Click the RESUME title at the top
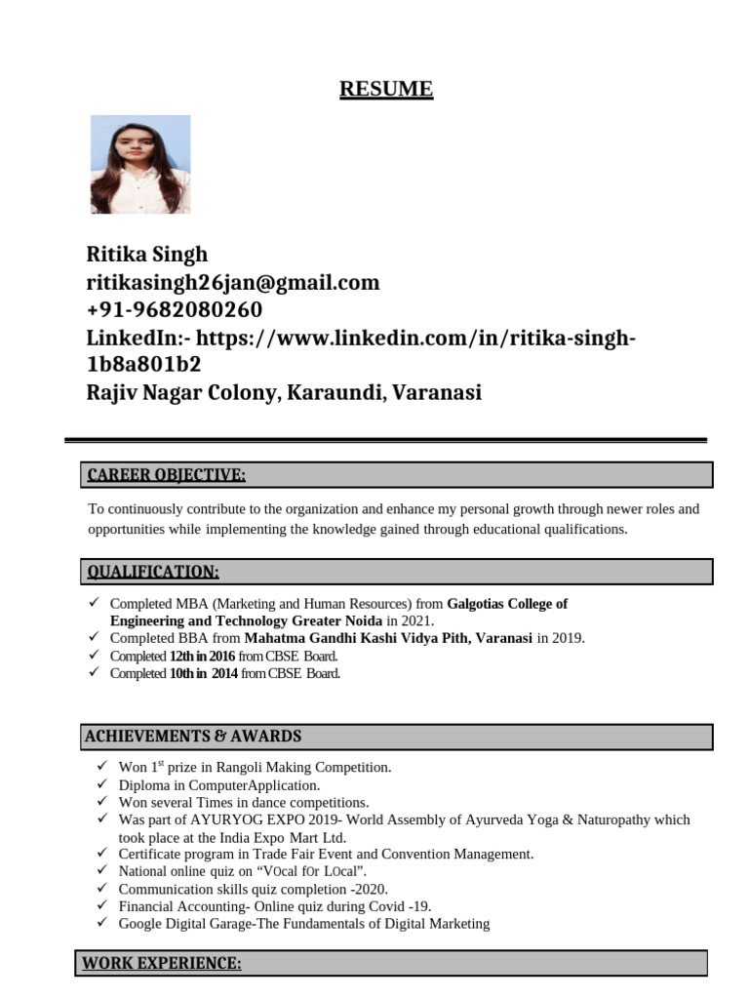click(x=385, y=90)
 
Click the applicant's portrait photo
click(x=140, y=165)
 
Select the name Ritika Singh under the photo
click(x=147, y=255)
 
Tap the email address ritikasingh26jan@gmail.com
click(x=233, y=283)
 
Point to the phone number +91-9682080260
click(x=175, y=310)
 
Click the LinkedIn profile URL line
click(x=361, y=338)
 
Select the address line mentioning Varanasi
click(x=284, y=393)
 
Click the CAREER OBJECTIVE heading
click(x=167, y=475)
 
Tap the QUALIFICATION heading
click(x=153, y=571)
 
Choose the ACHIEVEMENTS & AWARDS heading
click(x=193, y=736)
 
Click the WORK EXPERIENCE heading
click(x=161, y=963)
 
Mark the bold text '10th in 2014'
click(x=203, y=673)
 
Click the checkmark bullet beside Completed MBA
click(x=94, y=603)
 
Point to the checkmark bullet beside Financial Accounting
click(x=102, y=905)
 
